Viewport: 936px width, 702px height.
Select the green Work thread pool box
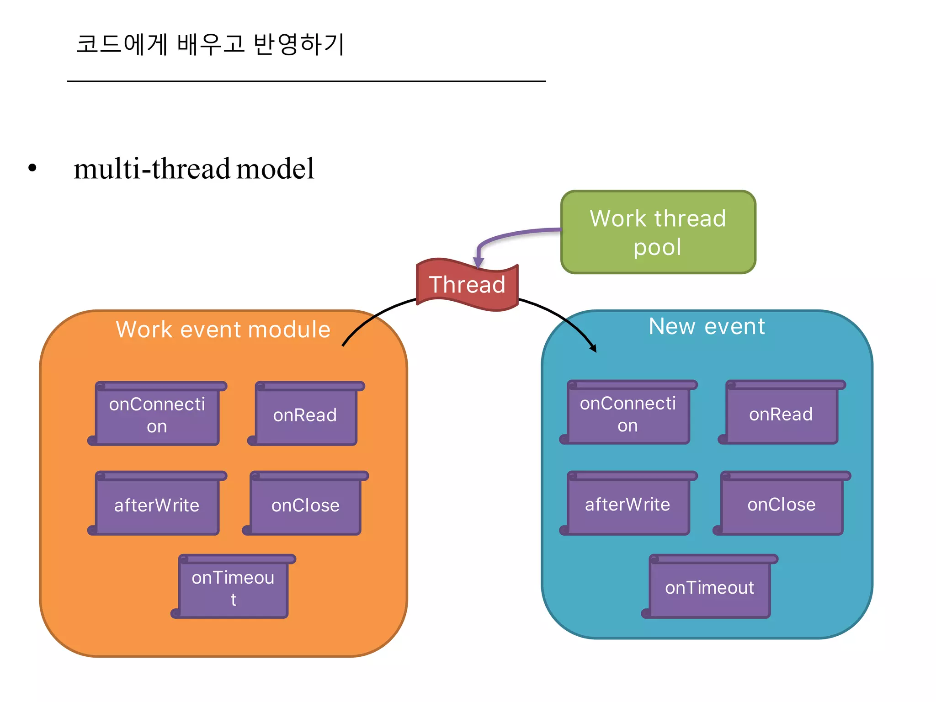tap(658, 232)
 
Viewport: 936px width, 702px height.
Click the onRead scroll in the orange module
tap(305, 415)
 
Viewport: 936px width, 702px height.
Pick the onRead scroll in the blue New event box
tap(781, 414)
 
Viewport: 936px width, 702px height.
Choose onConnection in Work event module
tap(157, 415)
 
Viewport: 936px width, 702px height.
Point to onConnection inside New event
tap(628, 414)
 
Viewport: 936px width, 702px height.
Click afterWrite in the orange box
tap(157, 505)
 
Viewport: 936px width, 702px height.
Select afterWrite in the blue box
tap(628, 504)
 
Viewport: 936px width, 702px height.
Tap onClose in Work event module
tap(305, 505)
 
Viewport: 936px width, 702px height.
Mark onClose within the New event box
tap(781, 504)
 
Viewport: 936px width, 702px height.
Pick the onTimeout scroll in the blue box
tap(709, 588)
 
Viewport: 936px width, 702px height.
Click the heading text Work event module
tap(223, 330)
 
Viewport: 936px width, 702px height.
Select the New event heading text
tap(707, 326)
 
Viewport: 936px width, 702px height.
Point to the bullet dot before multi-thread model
tap(32, 168)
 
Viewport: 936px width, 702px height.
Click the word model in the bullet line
tap(275, 169)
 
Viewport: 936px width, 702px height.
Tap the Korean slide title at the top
tap(210, 44)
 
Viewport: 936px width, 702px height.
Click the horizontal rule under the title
tap(306, 81)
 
